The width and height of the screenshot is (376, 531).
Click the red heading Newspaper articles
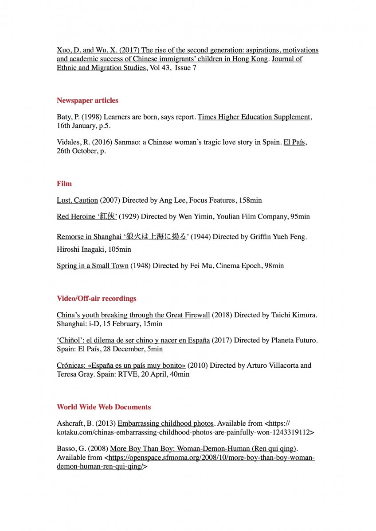tap(87, 100)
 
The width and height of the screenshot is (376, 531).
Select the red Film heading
tap(64, 184)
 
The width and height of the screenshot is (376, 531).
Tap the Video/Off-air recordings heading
tap(96, 299)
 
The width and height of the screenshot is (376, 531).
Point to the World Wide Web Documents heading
tap(104, 407)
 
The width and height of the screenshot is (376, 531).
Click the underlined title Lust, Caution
tap(77, 200)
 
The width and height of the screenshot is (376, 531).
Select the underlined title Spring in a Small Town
tap(93, 266)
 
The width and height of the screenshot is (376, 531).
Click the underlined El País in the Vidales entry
tap(295, 142)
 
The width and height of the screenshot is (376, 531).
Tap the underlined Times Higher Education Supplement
tap(254, 117)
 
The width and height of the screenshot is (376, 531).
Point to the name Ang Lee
tap(173, 200)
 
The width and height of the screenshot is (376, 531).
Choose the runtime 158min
tap(250, 200)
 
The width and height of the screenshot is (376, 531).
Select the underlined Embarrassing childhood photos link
tap(166, 423)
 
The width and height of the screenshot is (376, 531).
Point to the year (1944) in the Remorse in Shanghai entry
tap(200, 237)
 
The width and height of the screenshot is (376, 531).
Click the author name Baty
tap(64, 117)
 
